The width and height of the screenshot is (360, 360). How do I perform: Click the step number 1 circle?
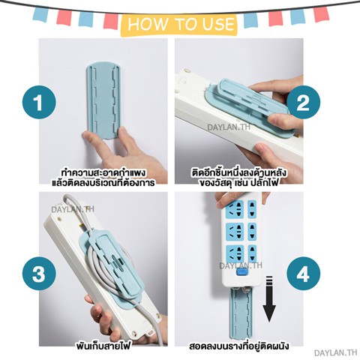39,102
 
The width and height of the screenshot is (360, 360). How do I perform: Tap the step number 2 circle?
303,102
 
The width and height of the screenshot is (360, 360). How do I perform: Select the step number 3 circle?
39,274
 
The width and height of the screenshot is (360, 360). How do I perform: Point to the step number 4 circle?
303,274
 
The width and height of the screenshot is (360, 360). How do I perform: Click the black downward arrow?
269,299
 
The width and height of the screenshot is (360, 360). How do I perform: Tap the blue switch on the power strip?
241,272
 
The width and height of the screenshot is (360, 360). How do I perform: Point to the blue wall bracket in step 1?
103,101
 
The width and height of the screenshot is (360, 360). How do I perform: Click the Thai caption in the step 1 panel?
103,178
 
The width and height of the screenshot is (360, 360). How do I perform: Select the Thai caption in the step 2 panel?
239,178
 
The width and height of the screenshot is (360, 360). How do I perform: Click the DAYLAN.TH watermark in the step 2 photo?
229,127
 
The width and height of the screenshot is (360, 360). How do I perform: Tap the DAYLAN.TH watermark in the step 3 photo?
73,209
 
